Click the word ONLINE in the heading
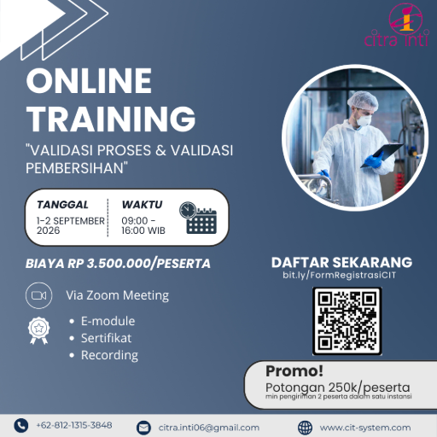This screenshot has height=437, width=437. coord(89,81)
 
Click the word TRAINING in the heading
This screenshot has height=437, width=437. coord(111,119)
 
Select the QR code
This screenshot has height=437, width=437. coord(347,321)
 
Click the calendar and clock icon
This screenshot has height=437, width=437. coord(198,218)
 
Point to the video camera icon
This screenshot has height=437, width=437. coord(38,295)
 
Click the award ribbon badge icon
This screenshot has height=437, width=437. coord(38,330)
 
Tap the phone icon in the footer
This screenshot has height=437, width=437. coord(21,426)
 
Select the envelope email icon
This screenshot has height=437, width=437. coord(143,428)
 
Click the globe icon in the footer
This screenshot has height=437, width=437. coord(305,428)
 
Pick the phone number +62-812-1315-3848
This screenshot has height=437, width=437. coord(74,425)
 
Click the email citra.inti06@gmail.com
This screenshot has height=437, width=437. coord(209,428)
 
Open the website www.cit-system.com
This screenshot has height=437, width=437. coord(365,428)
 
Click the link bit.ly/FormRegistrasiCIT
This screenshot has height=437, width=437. coord(339,275)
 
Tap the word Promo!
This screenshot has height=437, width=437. coord(294,371)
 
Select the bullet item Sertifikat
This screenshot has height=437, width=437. coord(106,338)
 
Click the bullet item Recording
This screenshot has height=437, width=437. coord(109,356)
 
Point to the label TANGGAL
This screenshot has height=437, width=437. coord(62,205)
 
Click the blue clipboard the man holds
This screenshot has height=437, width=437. coord(382,155)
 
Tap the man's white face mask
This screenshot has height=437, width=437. coord(364,120)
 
